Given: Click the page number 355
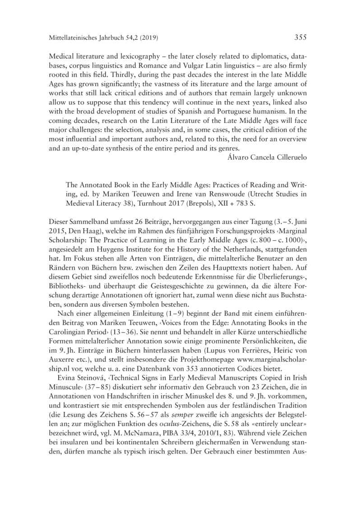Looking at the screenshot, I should click(301, 38).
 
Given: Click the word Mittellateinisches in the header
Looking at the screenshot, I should click(75, 39).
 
